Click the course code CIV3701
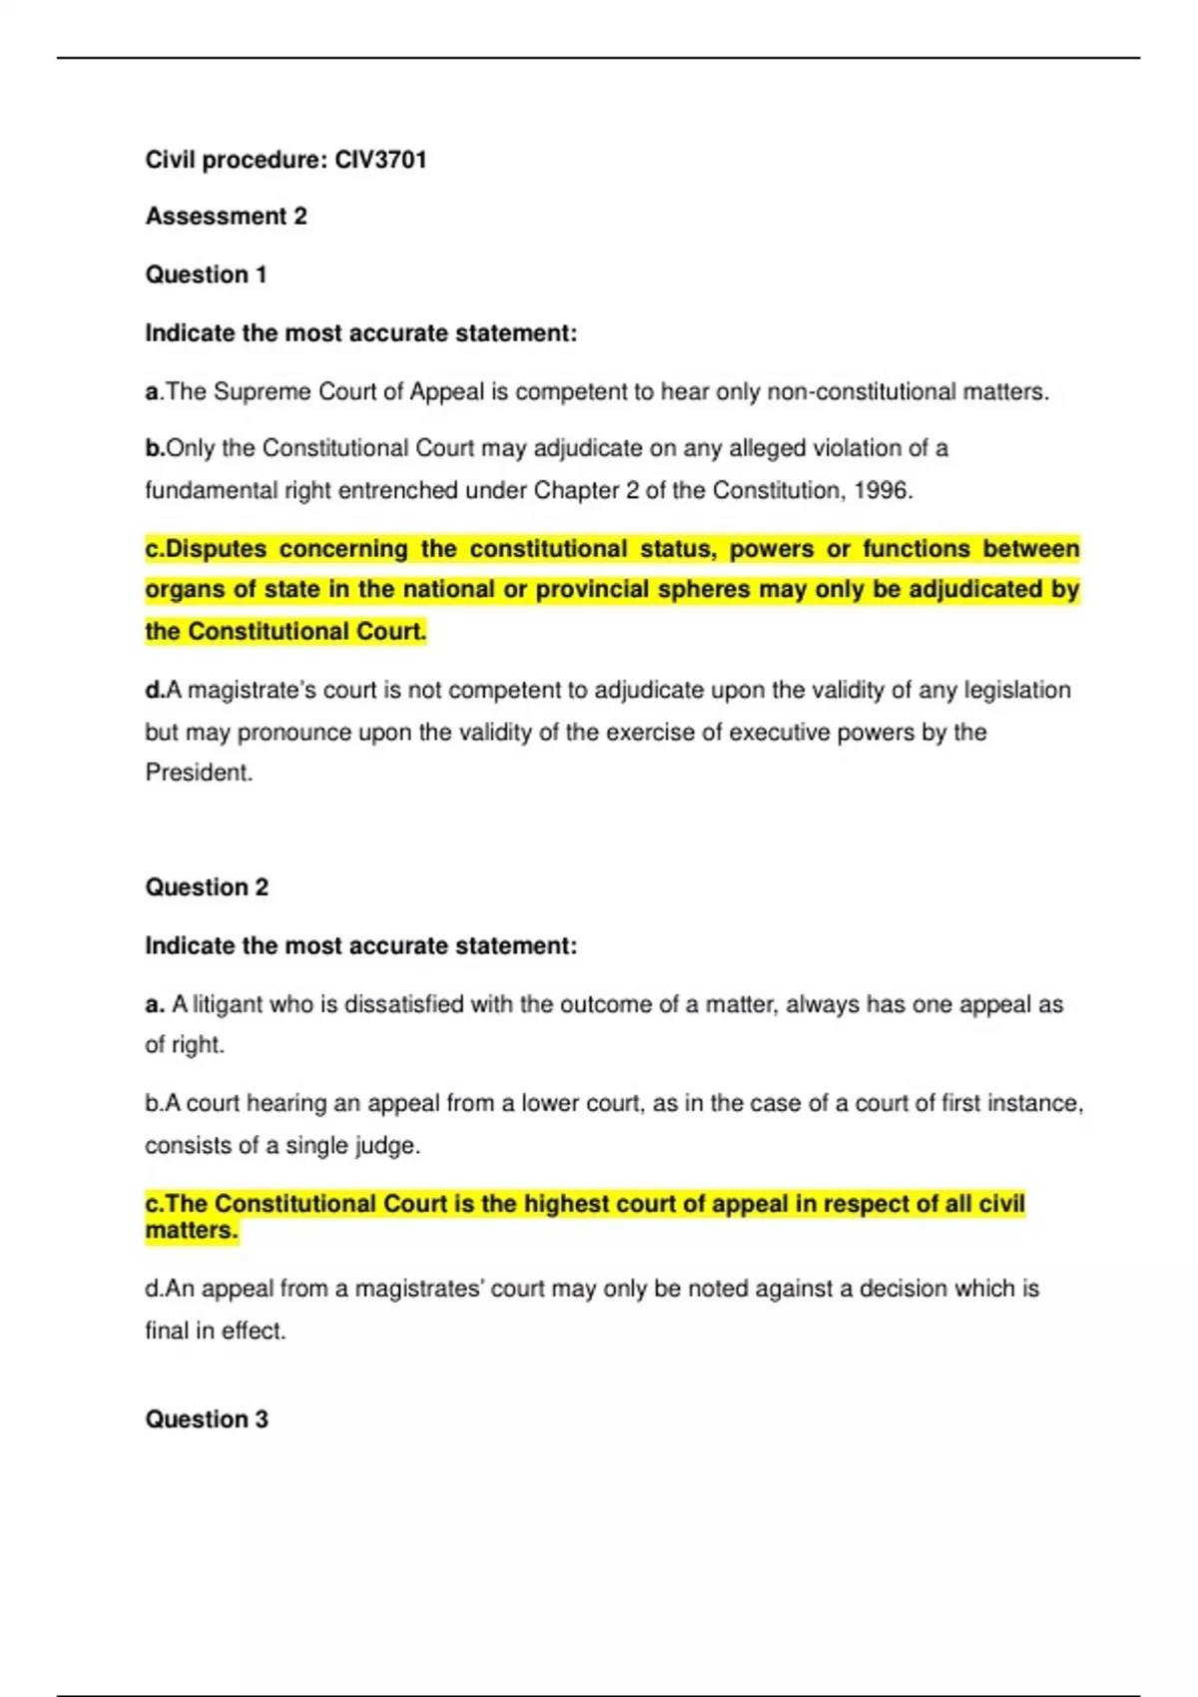pos(380,160)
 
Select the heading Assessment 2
pos(226,217)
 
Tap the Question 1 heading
pos(206,275)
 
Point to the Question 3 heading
pos(206,1418)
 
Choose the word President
pos(198,773)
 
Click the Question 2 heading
pos(207,886)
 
